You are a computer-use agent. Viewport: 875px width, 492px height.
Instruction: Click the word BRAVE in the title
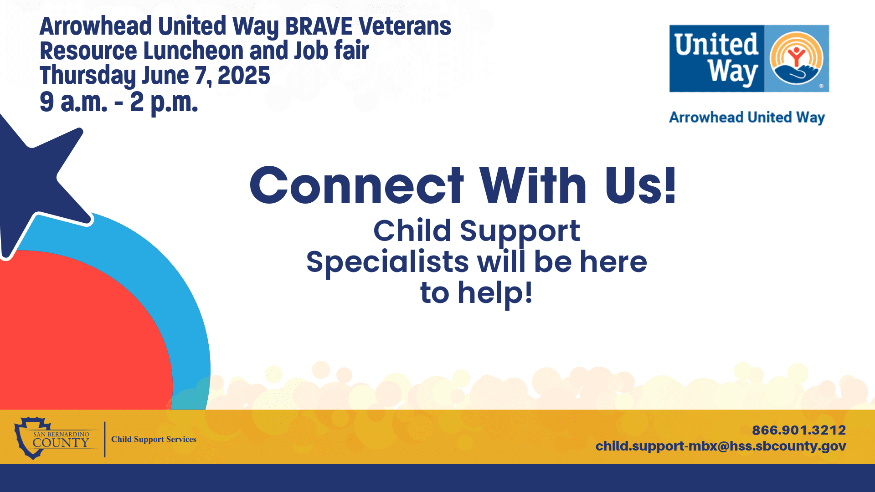point(319,26)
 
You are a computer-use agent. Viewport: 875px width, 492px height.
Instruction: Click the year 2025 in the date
point(244,76)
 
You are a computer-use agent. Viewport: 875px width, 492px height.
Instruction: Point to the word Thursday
point(87,76)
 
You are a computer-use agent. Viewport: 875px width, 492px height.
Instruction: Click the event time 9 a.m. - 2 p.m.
point(118,102)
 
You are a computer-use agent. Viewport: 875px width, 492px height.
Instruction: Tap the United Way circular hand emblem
point(796,58)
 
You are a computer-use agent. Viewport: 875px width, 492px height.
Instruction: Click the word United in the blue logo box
point(716,45)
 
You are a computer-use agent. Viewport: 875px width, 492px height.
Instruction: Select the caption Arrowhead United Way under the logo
point(746,118)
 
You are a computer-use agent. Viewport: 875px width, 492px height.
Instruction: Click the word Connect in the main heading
point(356,186)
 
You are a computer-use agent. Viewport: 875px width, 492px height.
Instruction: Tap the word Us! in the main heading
point(640,186)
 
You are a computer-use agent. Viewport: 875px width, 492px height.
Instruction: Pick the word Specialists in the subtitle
point(387,262)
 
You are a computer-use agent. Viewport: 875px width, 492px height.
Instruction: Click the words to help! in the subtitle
point(476,293)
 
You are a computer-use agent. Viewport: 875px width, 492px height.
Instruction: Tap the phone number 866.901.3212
point(798,430)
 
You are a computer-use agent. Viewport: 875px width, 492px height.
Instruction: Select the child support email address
point(721,446)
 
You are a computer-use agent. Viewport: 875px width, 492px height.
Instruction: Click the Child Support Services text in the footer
point(154,439)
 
